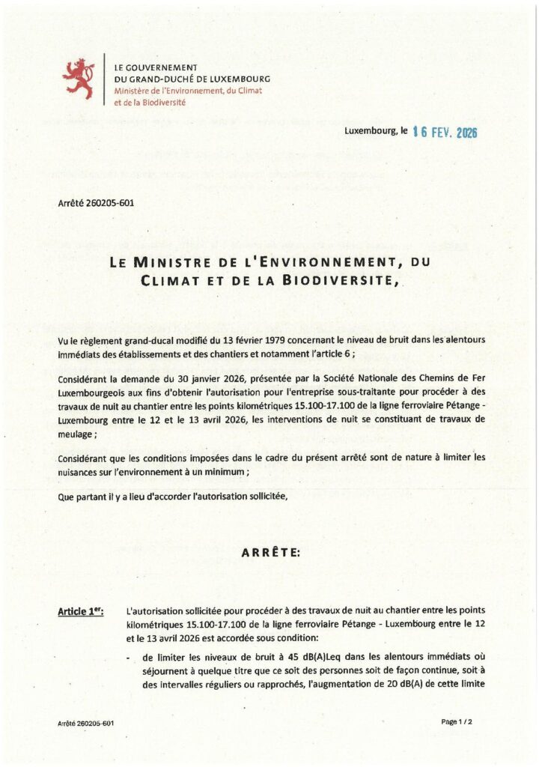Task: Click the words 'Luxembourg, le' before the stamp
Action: click(x=376, y=131)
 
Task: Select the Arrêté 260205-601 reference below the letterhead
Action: click(x=96, y=202)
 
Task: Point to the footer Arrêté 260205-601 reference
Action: click(x=85, y=723)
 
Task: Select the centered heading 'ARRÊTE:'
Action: click(x=270, y=553)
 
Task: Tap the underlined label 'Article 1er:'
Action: click(x=81, y=613)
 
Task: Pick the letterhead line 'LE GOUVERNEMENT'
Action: click(x=155, y=67)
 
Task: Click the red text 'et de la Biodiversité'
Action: click(x=150, y=102)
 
